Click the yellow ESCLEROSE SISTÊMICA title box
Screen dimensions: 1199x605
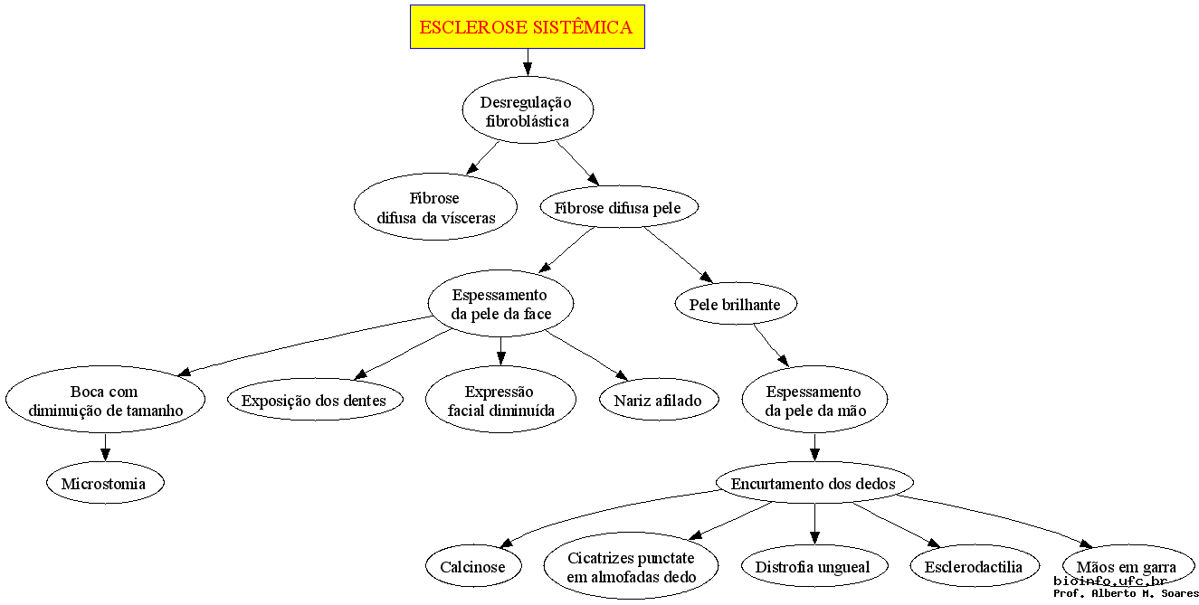[x=528, y=27]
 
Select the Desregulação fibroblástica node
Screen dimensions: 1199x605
[x=528, y=110]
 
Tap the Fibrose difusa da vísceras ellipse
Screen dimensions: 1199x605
[x=435, y=206]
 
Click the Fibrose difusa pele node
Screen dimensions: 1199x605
[x=619, y=207]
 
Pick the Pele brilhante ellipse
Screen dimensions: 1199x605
[x=736, y=303]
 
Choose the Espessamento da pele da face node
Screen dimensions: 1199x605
[x=500, y=303]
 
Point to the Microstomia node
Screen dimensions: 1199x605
[x=105, y=483]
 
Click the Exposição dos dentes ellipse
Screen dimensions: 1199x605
[x=315, y=399]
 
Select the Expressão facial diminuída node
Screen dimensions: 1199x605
[x=500, y=399]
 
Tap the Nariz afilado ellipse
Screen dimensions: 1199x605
[x=659, y=399]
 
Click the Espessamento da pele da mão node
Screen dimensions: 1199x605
[x=814, y=399]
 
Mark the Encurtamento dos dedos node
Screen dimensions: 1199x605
[x=814, y=483]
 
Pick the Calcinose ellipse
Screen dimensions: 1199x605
[x=473, y=566]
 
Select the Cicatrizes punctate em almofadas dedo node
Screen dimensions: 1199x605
[x=631, y=566]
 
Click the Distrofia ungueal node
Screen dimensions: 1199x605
[x=814, y=566]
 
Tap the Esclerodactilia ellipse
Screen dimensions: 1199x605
[x=975, y=566]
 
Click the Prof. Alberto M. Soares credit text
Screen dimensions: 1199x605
[x=1126, y=593]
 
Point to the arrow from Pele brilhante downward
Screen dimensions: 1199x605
[x=771, y=345]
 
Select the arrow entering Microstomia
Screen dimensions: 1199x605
[x=106, y=447]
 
